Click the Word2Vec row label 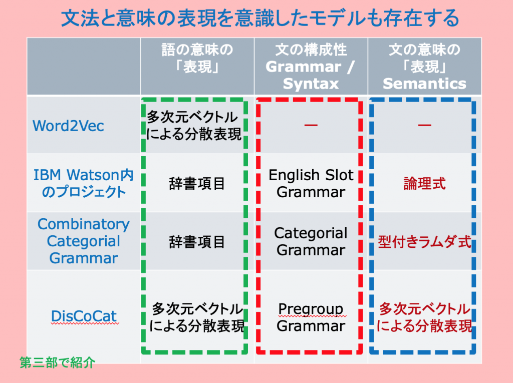coord(68,126)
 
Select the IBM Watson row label coord(84,183)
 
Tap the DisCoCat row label coord(84,316)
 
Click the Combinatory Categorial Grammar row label coord(84,241)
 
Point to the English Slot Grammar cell coord(311,183)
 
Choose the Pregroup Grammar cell coord(311,317)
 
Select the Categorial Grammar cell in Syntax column coord(311,241)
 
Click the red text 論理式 coord(424,183)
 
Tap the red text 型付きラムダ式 coord(424,242)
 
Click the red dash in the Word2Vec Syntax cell coord(311,125)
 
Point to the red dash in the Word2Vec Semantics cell coord(424,125)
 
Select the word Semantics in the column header coord(424,84)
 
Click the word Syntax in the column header coord(311,84)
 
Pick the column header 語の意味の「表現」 coord(197,58)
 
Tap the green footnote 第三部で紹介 coord(57,362)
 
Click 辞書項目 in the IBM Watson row coord(197,183)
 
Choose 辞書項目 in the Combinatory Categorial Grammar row coord(197,242)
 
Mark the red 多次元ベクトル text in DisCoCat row coord(424,308)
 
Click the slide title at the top coord(260,18)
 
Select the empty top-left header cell coord(84,67)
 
